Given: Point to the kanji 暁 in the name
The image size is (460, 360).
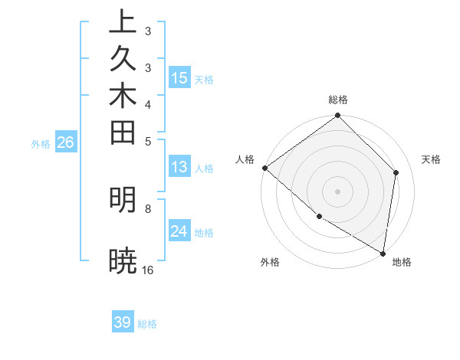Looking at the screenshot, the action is click(x=123, y=261).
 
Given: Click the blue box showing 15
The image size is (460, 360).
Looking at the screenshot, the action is click(x=179, y=78).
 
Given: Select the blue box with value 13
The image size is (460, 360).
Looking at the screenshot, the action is click(x=179, y=168).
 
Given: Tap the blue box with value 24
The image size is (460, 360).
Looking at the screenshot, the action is click(x=179, y=231).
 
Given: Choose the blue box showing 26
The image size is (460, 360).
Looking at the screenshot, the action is click(x=66, y=142).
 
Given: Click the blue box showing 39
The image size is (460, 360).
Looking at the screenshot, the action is click(x=123, y=322).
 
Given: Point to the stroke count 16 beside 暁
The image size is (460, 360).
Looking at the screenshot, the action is click(x=148, y=270).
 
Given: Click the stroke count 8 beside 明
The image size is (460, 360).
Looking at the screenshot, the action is click(x=148, y=208).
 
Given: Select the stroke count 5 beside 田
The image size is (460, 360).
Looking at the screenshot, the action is click(x=148, y=141).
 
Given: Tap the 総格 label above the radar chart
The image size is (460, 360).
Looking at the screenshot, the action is click(x=338, y=100).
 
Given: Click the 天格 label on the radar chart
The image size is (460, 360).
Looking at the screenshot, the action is click(x=431, y=159).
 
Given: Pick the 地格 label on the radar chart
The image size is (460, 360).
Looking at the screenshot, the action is click(x=402, y=263).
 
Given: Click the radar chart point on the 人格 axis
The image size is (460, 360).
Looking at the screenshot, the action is click(x=264, y=168).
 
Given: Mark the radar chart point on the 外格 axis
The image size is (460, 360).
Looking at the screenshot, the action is click(x=319, y=217).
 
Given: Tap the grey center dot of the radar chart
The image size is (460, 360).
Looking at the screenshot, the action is click(x=338, y=191).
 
